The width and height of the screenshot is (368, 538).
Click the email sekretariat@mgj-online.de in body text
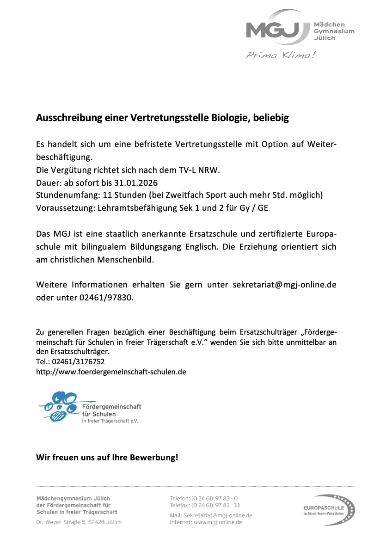pos(284,285)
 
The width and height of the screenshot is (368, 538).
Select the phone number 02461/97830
pos(109,298)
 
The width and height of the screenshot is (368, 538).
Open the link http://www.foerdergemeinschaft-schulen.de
pos(111,372)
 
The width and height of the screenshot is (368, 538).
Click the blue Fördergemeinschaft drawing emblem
pos(60,405)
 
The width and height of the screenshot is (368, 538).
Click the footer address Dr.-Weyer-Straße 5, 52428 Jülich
pos(79,522)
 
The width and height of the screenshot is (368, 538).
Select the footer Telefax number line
pos(205,505)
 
